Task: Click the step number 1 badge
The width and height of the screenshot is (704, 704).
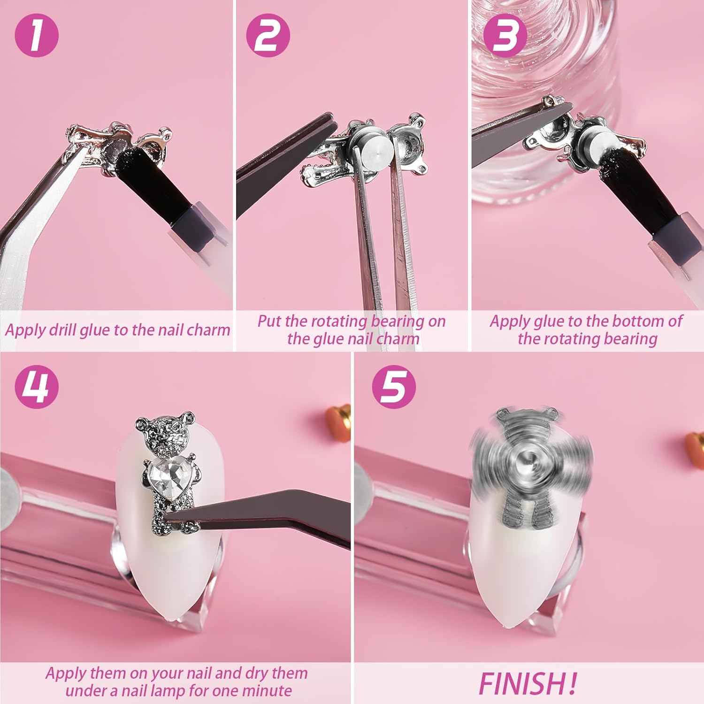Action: [x=37, y=36]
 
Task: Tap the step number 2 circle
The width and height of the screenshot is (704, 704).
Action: [x=268, y=36]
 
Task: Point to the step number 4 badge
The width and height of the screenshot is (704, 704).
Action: [x=37, y=387]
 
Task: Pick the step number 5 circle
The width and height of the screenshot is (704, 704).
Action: [x=394, y=387]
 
